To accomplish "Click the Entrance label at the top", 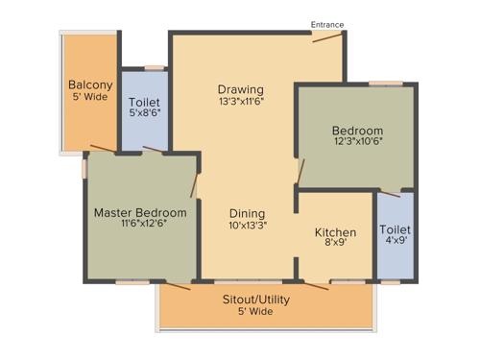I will pos(326,25).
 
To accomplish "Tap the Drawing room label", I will pos(240,89).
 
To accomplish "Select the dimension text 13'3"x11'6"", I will pos(240,102).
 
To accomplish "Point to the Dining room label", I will pos(247,213).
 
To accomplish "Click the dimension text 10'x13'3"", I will pos(247,226).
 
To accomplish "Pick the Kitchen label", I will pos(336,232).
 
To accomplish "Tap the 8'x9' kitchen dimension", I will pos(336,245).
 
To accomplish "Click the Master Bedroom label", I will pos(140,212).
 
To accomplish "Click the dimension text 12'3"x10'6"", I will pos(357,143).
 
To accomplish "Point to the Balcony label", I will pos(90,84).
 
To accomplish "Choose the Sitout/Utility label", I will pos(255,300).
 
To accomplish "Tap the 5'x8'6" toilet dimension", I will pos(145,113).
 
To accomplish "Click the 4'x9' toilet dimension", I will pos(395,242).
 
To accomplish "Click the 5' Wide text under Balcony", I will pos(90,97).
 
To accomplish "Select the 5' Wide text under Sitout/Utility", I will pos(255,312).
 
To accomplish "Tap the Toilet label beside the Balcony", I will pos(145,101).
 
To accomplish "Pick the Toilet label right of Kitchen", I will pos(395,229).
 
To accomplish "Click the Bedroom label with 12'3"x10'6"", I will pos(357,131).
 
